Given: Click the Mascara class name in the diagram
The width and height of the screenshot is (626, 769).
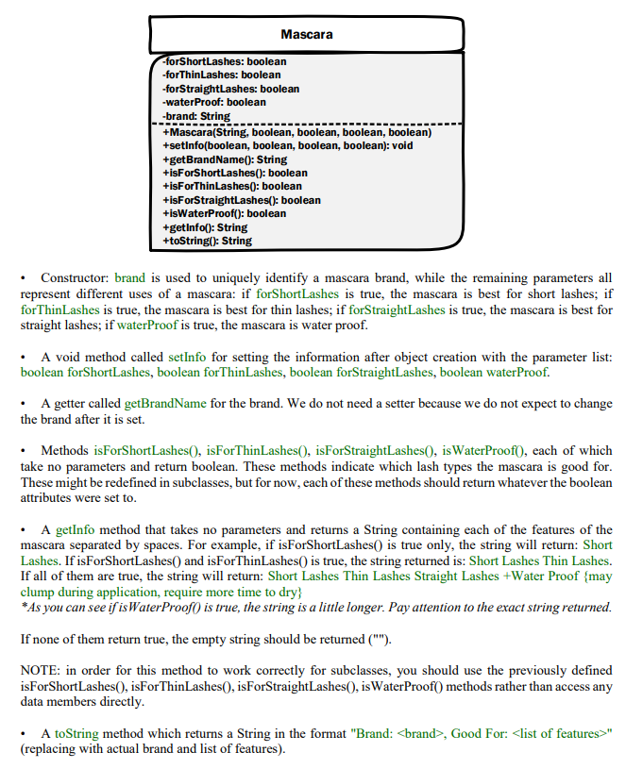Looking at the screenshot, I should point(307,35).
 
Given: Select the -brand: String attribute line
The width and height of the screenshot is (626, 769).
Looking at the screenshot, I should point(196,115).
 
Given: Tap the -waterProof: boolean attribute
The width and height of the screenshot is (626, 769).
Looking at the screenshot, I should point(214,102).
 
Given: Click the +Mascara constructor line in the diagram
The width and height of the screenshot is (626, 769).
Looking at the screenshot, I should point(296,133).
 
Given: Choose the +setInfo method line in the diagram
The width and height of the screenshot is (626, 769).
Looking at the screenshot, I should point(287,146).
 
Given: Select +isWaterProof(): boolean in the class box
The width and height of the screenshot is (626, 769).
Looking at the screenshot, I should point(224,214).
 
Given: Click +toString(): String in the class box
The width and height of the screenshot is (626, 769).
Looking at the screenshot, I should point(207,241).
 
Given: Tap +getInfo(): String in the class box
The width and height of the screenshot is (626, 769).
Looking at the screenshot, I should point(205,227).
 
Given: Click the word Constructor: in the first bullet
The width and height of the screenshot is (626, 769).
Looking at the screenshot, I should point(76,279).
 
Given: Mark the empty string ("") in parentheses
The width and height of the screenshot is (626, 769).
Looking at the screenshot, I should point(376,640).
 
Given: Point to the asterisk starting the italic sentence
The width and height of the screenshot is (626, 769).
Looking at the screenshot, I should point(23,607).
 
